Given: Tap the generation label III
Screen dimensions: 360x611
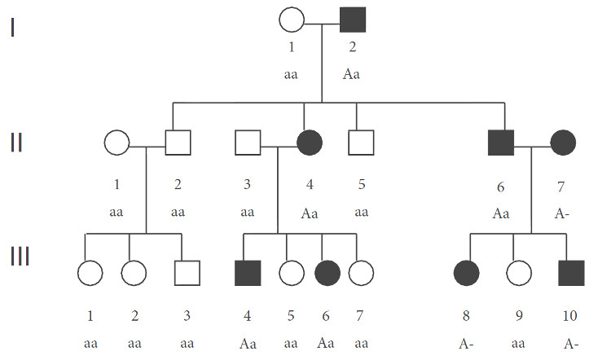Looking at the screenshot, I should click(20, 257).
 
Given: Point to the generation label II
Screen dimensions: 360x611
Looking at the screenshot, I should click(18, 143).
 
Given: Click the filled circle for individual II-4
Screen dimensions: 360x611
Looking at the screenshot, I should click(310, 143).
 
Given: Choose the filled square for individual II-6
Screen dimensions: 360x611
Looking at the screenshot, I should click(500, 143).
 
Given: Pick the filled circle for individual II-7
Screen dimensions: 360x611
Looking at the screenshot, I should click(563, 143).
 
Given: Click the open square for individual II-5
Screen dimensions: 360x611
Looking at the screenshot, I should click(360, 143).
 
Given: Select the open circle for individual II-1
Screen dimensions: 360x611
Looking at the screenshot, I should click(116, 143).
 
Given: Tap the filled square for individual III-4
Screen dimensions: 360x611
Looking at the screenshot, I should click(248, 273).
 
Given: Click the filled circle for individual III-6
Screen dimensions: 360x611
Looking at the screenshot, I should click(323, 273).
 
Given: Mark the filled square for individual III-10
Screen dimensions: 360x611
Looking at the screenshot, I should click(571, 273).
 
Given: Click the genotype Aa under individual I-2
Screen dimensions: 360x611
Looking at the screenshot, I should click(351, 74).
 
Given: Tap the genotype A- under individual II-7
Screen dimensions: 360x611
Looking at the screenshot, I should click(561, 213).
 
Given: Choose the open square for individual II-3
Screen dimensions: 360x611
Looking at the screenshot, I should click(248, 143).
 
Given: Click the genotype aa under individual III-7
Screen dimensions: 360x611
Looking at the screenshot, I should click(360, 343).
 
